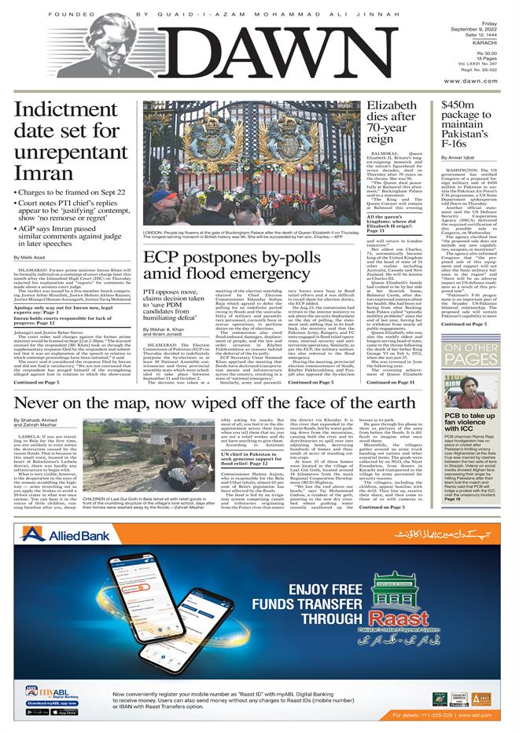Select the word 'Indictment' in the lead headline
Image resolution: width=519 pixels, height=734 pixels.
(x=59, y=112)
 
